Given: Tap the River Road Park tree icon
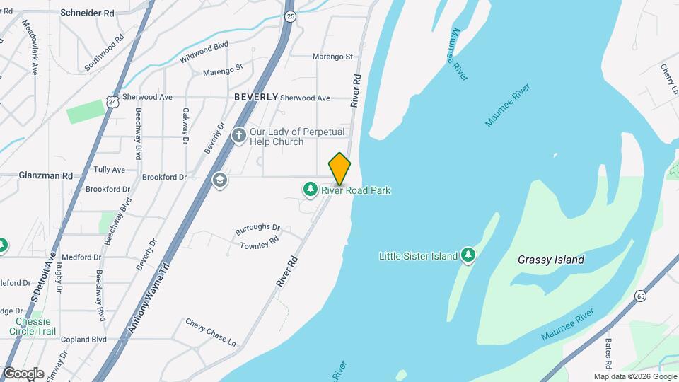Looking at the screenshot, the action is (x=310, y=189).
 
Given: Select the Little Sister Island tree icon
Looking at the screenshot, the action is (x=468, y=255).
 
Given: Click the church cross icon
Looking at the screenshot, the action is (x=239, y=135).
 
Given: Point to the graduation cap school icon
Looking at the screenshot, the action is (x=220, y=180).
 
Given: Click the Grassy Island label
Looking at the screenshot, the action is (x=551, y=260).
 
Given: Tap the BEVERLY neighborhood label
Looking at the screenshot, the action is (x=255, y=97).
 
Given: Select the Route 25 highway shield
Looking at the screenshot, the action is (x=290, y=16).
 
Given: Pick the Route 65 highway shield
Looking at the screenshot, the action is (x=640, y=296).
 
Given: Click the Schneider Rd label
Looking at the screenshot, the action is (x=88, y=13).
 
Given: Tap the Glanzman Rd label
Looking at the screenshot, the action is (x=46, y=175).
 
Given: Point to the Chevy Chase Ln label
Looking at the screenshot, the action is (x=211, y=332).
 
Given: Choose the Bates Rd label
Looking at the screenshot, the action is (x=608, y=352).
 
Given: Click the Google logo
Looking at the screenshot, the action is (x=23, y=373).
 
